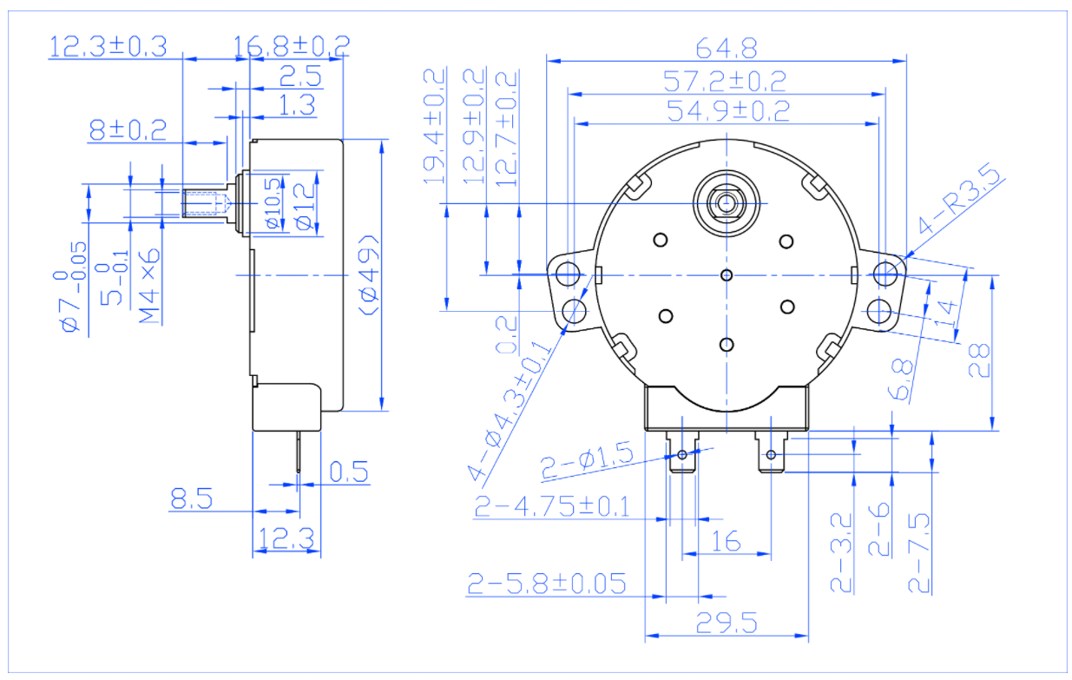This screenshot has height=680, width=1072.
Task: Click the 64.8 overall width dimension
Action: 725,46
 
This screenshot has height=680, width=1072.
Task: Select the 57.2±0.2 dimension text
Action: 725,81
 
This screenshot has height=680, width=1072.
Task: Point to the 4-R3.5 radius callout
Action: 959,204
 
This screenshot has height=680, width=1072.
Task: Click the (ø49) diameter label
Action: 368,275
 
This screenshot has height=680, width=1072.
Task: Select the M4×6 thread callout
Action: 150,286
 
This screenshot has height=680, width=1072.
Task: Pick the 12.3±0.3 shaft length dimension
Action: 108,45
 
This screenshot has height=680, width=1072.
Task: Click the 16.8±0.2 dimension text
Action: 293,45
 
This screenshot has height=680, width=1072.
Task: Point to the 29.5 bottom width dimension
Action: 726,624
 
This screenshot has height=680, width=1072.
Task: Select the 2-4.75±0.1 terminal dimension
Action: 551,506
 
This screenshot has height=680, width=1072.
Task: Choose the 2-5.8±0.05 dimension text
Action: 547,583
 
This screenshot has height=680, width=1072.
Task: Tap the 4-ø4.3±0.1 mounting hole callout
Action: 512,408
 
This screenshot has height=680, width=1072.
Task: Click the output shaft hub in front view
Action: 727,201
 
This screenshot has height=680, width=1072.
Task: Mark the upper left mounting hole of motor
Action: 568,274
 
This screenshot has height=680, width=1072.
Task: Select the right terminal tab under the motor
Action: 771,454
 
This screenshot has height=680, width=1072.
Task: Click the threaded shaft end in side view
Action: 205,205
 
